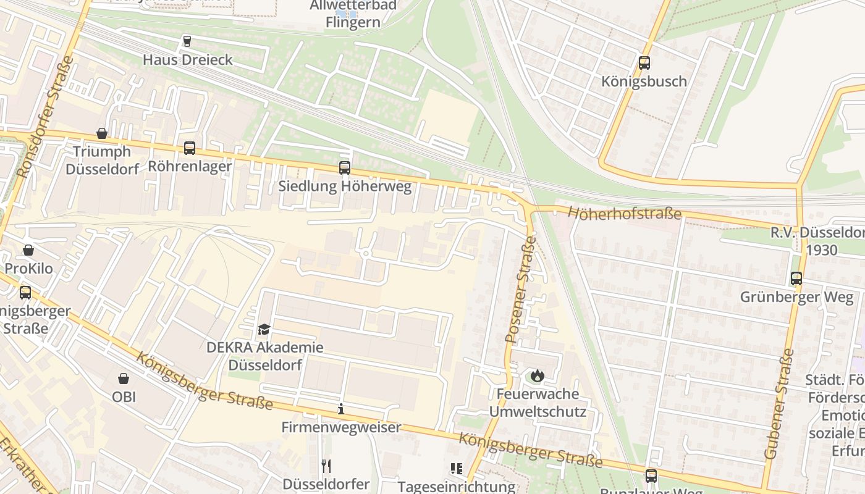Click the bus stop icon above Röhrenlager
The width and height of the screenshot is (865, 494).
pyautogui.click(x=189, y=148)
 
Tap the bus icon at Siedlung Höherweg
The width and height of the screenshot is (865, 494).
pyautogui.click(x=344, y=167)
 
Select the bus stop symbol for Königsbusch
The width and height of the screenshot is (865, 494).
pyautogui.click(x=644, y=62)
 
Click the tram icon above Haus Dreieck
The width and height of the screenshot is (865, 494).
pyautogui.click(x=187, y=41)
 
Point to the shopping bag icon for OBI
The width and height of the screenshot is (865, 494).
pyautogui.click(x=124, y=378)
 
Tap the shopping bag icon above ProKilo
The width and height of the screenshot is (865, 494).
pyautogui.click(x=28, y=250)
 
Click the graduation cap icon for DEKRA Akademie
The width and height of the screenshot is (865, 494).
pyautogui.click(x=264, y=329)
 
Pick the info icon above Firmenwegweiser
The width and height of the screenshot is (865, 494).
pyautogui.click(x=340, y=408)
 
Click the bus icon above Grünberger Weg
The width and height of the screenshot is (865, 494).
pyautogui.click(x=796, y=278)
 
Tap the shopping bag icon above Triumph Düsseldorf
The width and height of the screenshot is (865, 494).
pyautogui.click(x=102, y=133)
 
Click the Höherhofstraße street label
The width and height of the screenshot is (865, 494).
pyautogui.click(x=624, y=214)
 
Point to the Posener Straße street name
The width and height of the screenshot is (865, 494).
pyautogui.click(x=520, y=290)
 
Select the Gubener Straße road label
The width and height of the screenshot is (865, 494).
pyautogui.click(x=779, y=404)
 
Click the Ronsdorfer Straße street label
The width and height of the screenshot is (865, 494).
pyautogui.click(x=46, y=117)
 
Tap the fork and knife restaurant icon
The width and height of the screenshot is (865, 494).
pyautogui.click(x=326, y=465)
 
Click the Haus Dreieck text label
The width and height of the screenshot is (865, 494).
pyautogui.click(x=188, y=60)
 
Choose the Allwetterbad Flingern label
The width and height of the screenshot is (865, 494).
pyautogui.click(x=353, y=14)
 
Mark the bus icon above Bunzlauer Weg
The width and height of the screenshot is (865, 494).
pyautogui.click(x=651, y=475)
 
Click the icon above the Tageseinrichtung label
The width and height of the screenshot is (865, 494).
pyautogui.click(x=456, y=469)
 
